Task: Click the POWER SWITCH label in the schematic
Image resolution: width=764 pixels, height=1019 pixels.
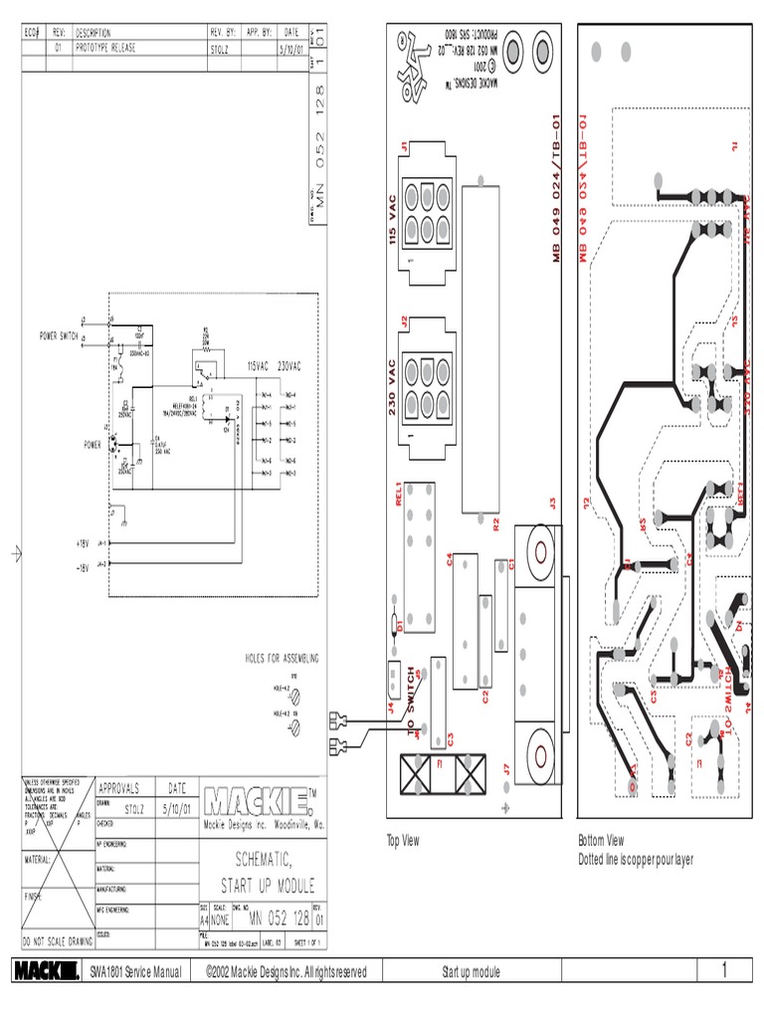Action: [x=58, y=336]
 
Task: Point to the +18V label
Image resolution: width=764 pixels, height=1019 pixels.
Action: [x=83, y=543]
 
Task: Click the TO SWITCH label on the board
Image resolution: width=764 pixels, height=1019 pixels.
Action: [x=411, y=704]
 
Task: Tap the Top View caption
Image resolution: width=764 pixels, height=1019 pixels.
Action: [x=403, y=841]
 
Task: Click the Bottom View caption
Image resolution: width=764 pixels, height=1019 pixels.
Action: [x=601, y=841]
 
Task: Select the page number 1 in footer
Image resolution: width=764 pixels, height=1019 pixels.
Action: [x=725, y=971]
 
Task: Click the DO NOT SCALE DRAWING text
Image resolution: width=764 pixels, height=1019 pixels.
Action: [x=57, y=939]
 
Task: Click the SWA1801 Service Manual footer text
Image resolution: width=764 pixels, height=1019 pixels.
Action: [x=135, y=972]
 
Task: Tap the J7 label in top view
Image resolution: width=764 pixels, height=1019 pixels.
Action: [x=506, y=768]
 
